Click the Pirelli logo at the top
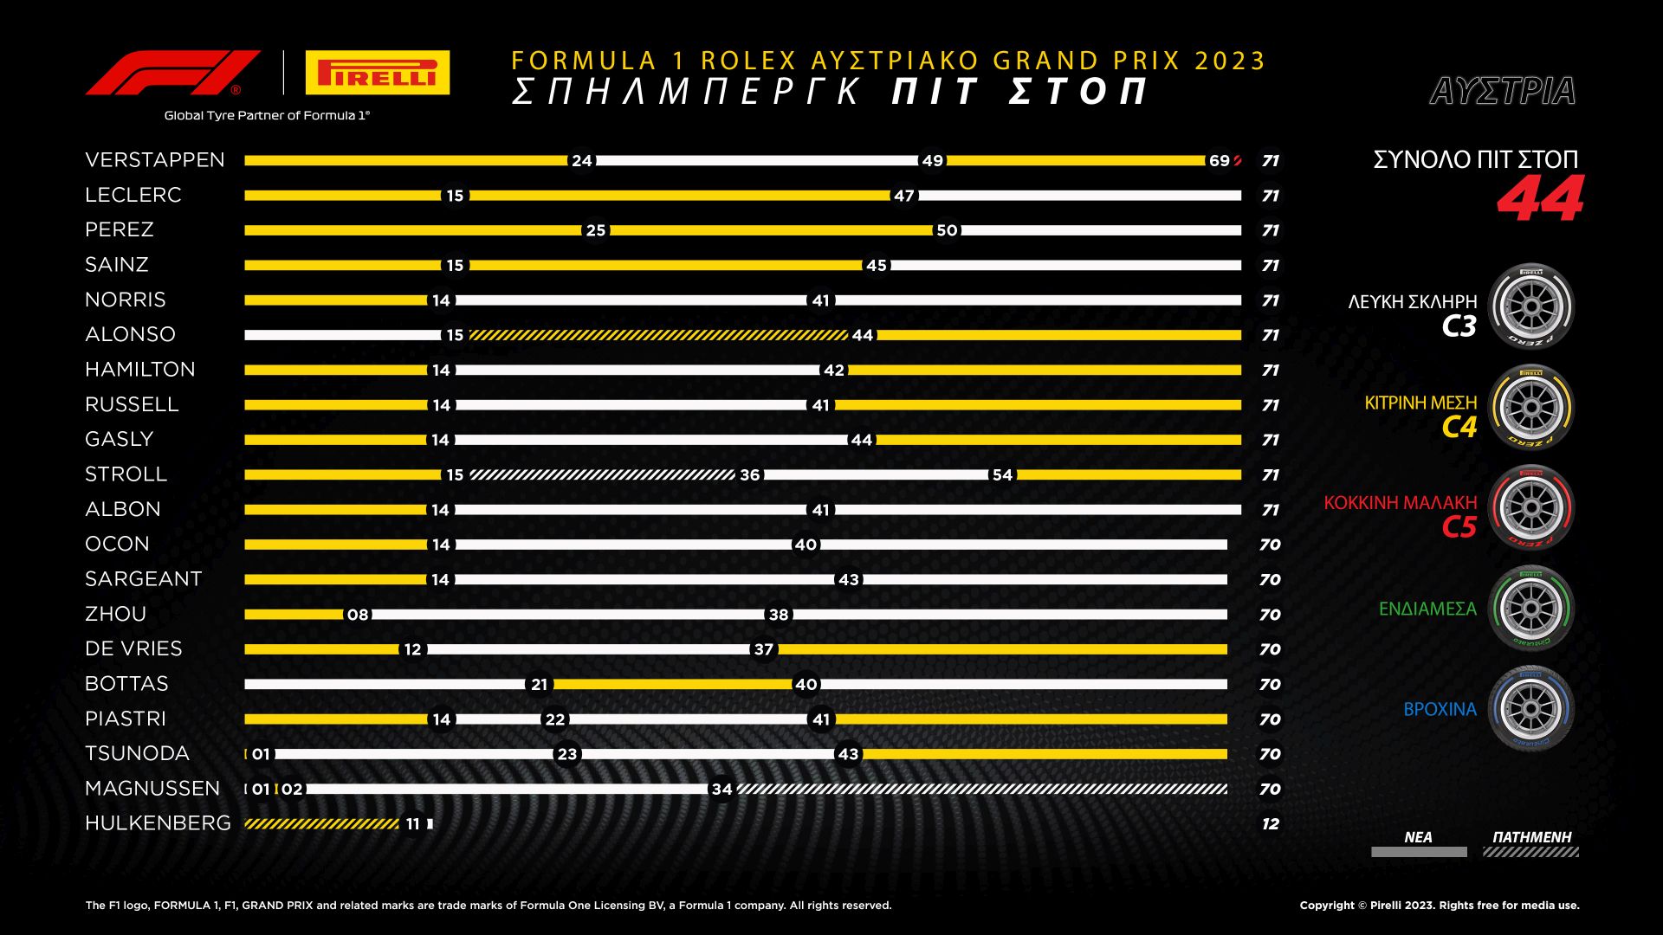378,73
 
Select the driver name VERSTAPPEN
155,160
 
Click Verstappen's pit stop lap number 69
1219,161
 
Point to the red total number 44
1540,200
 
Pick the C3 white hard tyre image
1530,306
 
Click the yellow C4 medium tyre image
1530,407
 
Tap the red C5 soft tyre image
1530,507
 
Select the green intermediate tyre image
1530,608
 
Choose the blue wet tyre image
1530,708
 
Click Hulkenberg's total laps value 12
1270,824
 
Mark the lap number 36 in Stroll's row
750,475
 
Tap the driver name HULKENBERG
158,823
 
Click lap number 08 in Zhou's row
358,615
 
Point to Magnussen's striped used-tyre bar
981,789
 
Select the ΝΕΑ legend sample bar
1419,853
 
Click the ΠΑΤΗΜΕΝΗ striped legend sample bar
1530,853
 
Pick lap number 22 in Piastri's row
555,719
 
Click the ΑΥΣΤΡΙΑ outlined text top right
1503,91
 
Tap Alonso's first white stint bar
342,335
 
